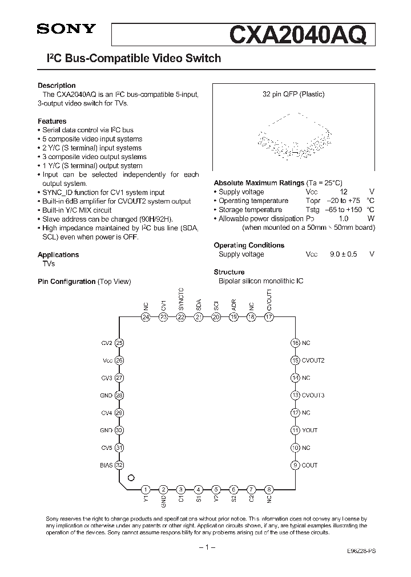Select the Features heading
point(52,121)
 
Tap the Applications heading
point(58,255)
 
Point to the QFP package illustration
point(293,136)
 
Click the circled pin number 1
point(146,489)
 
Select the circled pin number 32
point(119,465)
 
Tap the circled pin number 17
point(269,317)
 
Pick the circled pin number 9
point(295,465)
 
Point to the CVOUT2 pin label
point(313,360)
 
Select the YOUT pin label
point(309,430)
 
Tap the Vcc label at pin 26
point(108,360)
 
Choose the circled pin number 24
point(146,317)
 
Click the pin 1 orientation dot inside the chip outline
point(131,478)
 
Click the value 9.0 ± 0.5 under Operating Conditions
point(342,254)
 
